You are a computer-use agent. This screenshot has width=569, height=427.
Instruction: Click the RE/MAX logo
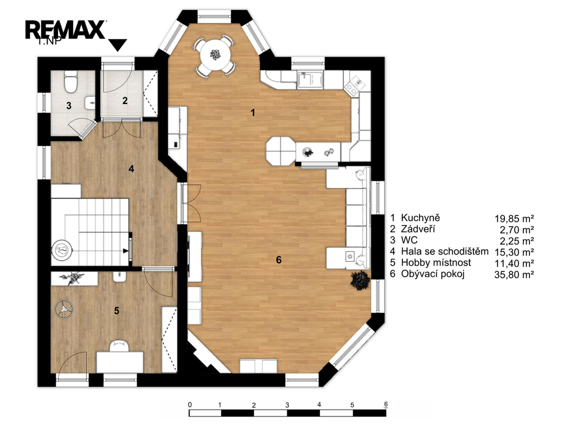pyautogui.click(x=66, y=30)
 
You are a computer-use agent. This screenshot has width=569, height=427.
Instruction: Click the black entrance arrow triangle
pyautogui.click(x=118, y=44)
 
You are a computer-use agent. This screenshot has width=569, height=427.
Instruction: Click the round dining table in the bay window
pyautogui.click(x=216, y=56)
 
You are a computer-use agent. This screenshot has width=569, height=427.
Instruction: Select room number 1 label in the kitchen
pyautogui.click(x=253, y=112)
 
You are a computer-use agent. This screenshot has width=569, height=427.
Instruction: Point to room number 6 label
pyautogui.click(x=279, y=260)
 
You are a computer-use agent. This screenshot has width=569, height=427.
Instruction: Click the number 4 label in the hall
pyautogui.click(x=131, y=169)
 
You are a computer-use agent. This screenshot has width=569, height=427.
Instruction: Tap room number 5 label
pyautogui.click(x=117, y=311)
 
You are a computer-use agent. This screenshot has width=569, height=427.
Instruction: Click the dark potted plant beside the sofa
pyautogui.click(x=360, y=280)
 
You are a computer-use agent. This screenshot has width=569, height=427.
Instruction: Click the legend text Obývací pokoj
pyautogui.click(x=432, y=274)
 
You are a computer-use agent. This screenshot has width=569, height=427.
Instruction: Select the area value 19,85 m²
pyautogui.click(x=514, y=219)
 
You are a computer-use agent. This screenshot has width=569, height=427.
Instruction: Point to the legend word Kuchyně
pyautogui.click(x=420, y=218)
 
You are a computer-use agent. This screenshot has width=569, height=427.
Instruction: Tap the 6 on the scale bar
pyautogui.click(x=386, y=404)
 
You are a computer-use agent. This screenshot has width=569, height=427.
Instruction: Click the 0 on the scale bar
pyautogui.click(x=190, y=405)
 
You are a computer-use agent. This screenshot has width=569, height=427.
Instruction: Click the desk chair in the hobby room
pyautogui.click(x=120, y=345)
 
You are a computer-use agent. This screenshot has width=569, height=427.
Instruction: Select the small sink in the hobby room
pyautogui.click(x=119, y=277)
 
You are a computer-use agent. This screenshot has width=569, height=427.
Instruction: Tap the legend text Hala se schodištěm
pyautogui.click(x=445, y=251)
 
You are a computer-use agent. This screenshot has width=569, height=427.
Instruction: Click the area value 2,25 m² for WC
pyautogui.click(x=517, y=241)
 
